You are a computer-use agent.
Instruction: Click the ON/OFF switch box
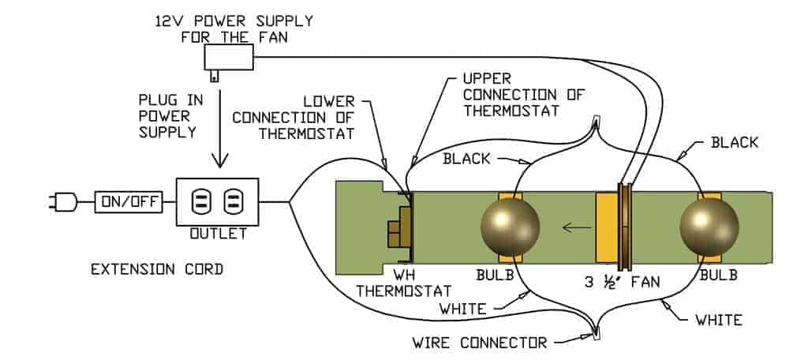(128, 203)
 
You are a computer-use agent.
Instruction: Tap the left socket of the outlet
(202, 203)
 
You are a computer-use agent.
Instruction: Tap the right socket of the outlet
(232, 203)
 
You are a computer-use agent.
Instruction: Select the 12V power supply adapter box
(228, 58)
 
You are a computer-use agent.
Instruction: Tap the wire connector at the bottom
(595, 336)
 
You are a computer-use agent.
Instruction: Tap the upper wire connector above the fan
(596, 122)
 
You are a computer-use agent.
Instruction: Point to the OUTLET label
(217, 234)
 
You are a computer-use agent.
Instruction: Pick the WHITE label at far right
(717, 320)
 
